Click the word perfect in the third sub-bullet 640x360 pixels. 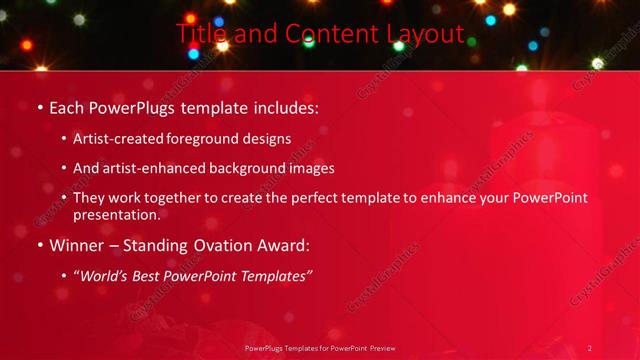coord(325,198)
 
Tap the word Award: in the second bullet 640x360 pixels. coord(283,243)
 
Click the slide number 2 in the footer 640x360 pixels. coord(590,348)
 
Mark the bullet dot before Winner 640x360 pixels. coord(39,244)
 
